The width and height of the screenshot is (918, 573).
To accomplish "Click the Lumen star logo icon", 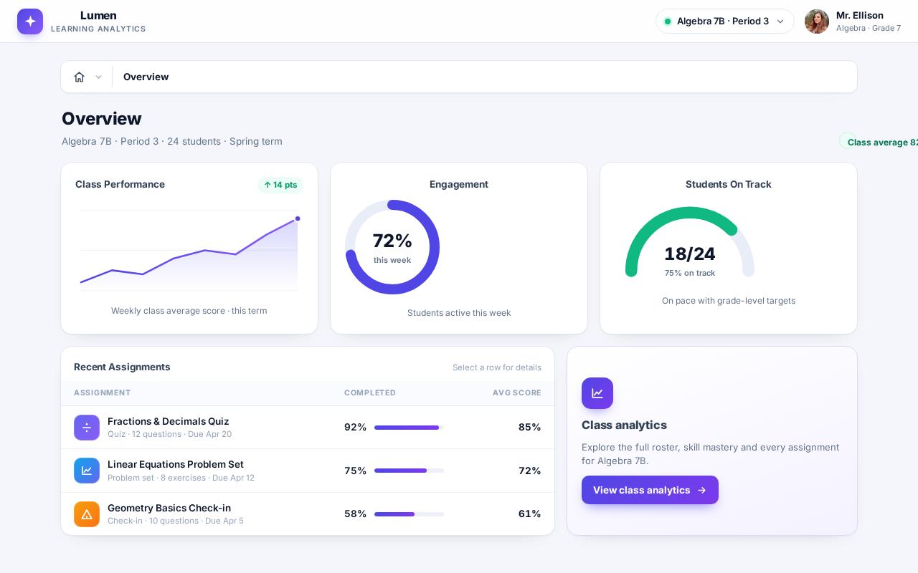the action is tap(30, 21).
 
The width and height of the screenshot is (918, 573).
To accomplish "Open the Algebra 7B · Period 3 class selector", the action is tap(724, 21).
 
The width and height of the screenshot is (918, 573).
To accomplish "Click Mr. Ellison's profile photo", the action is tap(817, 21).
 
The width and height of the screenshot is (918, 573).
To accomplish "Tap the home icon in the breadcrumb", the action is tap(79, 77).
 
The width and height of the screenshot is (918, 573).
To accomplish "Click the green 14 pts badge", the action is tap(280, 185).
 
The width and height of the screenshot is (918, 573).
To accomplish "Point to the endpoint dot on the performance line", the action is tap(298, 218).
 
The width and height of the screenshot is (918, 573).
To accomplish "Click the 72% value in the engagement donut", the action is tap(392, 241).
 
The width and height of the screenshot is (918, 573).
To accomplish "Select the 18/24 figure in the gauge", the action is tap(690, 254).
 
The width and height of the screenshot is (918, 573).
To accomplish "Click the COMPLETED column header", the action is tap(369, 393).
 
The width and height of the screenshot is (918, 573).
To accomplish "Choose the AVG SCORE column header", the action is tap(517, 393).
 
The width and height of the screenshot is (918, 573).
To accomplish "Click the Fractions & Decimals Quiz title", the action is tap(168, 421).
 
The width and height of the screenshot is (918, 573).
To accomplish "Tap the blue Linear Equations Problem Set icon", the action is tap(87, 471).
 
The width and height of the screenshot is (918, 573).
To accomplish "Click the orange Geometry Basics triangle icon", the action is tap(87, 514).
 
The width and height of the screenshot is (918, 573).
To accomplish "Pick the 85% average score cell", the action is tap(529, 428).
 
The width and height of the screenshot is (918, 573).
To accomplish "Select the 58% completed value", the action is tap(355, 514).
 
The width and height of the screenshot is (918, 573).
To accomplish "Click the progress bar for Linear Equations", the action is tap(409, 471).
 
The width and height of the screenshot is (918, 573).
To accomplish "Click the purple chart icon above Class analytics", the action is tap(597, 393).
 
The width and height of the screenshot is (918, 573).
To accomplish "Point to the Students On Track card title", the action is tap(728, 184).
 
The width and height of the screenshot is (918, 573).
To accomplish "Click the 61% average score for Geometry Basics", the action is tap(529, 514).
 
